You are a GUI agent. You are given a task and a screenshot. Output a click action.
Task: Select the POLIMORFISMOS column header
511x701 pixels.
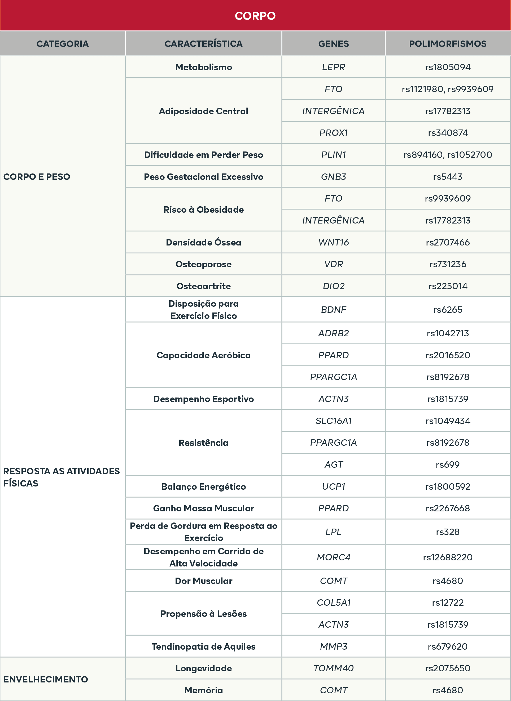pyautogui.click(x=448, y=44)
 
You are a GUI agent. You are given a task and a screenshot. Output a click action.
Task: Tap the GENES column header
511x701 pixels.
pyautogui.click(x=333, y=44)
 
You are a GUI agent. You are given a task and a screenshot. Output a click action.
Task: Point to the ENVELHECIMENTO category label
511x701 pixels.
pyautogui.click(x=46, y=679)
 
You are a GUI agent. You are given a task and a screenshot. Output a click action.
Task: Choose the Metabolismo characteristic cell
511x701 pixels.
pyautogui.click(x=203, y=67)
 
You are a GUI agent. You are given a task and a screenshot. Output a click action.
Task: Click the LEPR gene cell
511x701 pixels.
pyautogui.click(x=333, y=67)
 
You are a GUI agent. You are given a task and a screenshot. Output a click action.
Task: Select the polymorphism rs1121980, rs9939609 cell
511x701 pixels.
pyautogui.click(x=448, y=89)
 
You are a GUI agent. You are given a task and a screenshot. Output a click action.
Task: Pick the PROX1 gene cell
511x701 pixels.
pyautogui.click(x=333, y=133)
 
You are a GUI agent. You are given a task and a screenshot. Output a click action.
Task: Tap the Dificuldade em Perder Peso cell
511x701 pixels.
pyautogui.click(x=203, y=155)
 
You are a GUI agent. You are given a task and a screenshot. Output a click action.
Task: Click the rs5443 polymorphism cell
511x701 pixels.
pyautogui.click(x=448, y=176)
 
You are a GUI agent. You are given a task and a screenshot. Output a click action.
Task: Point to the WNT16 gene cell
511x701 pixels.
pyautogui.click(x=333, y=242)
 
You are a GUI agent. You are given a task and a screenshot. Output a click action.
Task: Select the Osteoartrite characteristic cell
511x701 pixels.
pyautogui.click(x=203, y=286)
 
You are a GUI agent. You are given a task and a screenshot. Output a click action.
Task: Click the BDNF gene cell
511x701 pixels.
pyautogui.click(x=333, y=309)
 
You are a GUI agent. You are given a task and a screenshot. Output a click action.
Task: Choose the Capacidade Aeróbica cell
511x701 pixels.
pyautogui.click(x=203, y=355)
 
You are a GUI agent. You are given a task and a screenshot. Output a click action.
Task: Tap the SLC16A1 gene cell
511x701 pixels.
pyautogui.click(x=333, y=421)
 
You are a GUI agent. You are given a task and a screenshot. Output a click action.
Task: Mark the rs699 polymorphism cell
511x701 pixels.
pyautogui.click(x=448, y=465)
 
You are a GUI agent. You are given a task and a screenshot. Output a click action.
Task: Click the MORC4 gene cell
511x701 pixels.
pyautogui.click(x=333, y=557)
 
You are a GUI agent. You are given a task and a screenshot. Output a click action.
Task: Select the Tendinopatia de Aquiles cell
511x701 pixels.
pyautogui.click(x=203, y=646)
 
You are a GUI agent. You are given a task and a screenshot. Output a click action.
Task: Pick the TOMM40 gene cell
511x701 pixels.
pyautogui.click(x=333, y=668)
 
